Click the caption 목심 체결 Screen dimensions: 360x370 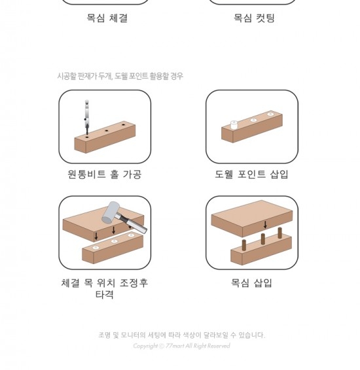click(x=107, y=18)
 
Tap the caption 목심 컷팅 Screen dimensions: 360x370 click(x=254, y=18)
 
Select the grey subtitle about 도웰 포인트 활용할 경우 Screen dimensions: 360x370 click(x=120, y=76)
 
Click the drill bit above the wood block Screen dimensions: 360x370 click(x=86, y=117)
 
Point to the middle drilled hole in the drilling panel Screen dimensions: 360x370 click(x=107, y=131)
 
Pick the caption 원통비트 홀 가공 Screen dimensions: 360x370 click(x=105, y=175)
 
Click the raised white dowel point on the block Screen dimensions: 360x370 click(x=234, y=125)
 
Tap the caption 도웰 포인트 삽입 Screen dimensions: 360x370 click(x=251, y=175)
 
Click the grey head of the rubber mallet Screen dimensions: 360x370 click(x=110, y=212)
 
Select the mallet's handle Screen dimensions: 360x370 click(x=132, y=223)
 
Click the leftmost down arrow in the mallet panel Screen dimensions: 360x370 click(x=96, y=236)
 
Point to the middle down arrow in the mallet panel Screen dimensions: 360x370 click(x=114, y=230)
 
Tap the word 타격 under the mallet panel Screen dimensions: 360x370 click(x=105, y=294)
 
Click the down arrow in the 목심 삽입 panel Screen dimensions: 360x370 click(x=265, y=225)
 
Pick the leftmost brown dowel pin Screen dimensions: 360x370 click(x=244, y=245)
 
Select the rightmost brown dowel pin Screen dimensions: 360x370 click(x=280, y=233)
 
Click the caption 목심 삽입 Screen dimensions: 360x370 click(x=251, y=282)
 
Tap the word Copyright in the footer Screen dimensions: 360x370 click(x=145, y=346)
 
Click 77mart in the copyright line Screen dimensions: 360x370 click(x=175, y=346)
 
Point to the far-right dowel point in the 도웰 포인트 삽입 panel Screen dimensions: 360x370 click(x=270, y=114)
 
